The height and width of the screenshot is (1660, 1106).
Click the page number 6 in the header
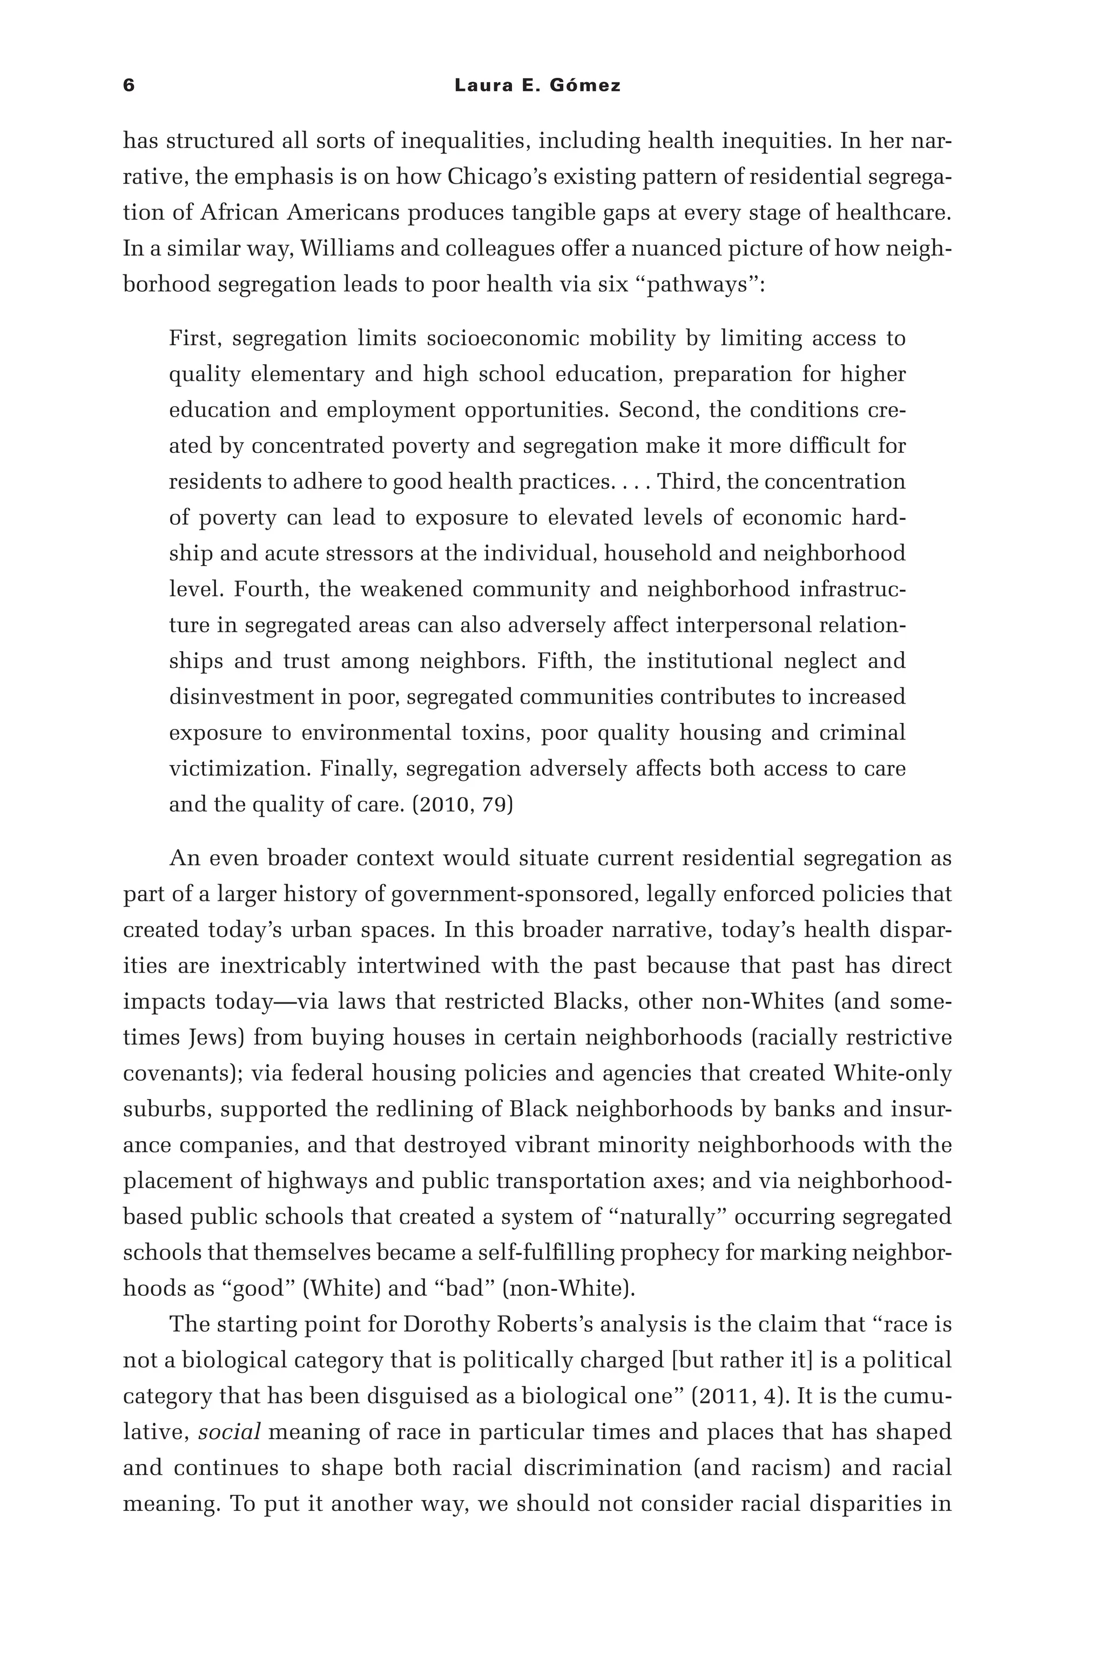click(x=129, y=85)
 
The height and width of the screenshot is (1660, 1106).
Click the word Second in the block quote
click(x=659, y=410)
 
